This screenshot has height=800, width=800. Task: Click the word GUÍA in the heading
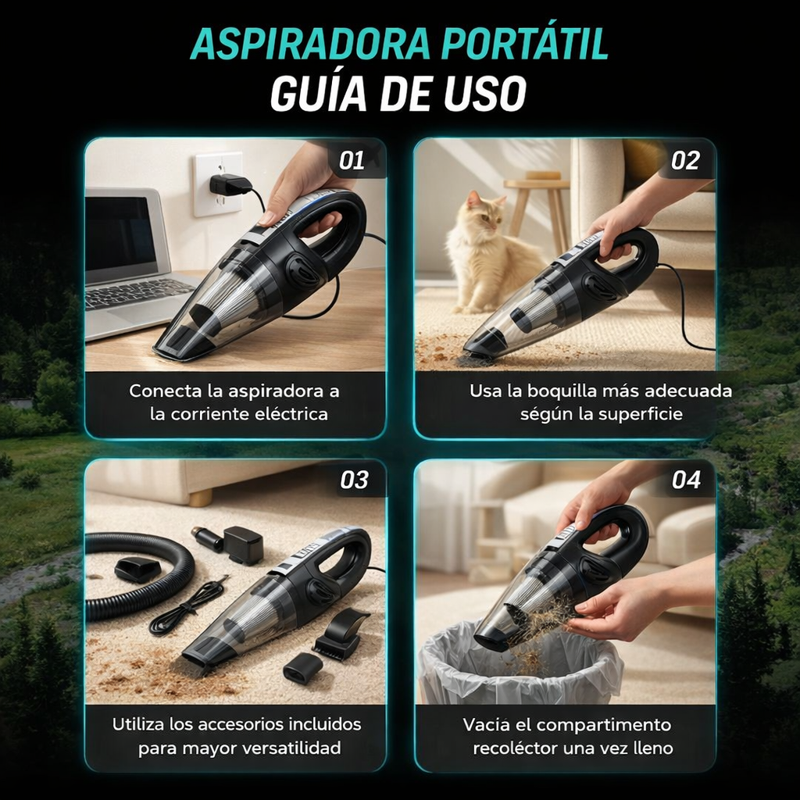tap(319, 94)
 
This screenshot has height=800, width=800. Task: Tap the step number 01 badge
tap(352, 161)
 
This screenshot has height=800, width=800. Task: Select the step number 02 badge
tap(684, 161)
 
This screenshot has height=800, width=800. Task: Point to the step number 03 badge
tap(354, 480)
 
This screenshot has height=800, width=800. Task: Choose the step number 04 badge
tap(686, 480)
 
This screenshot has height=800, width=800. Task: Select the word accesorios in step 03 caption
tap(240, 724)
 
